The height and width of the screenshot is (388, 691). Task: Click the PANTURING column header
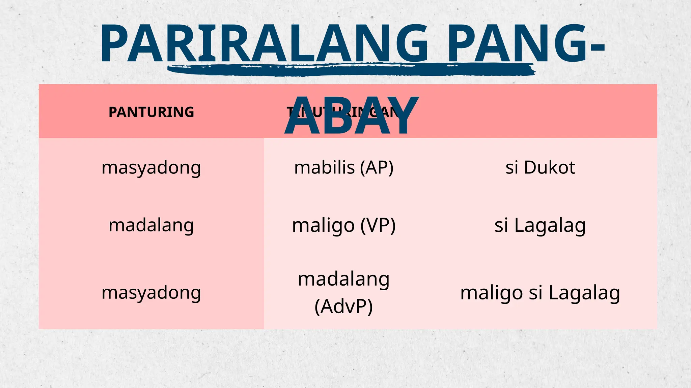pos(151,112)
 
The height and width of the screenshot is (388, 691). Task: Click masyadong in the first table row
pos(151,168)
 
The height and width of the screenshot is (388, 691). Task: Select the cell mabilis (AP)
pos(343,167)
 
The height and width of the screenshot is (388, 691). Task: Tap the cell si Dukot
pos(540,167)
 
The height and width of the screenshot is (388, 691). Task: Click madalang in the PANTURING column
pos(151,225)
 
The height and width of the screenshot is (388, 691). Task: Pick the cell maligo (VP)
pos(343,225)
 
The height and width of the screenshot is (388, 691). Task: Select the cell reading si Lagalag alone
pos(540,225)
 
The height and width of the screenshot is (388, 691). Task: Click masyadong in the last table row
pos(151,292)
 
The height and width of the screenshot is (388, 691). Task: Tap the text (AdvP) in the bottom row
pos(343,306)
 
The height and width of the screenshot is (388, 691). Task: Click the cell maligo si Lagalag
pos(540,293)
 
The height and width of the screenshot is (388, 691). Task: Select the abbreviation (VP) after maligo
pos(378,225)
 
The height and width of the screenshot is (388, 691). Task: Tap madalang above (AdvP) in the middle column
pos(343,279)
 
